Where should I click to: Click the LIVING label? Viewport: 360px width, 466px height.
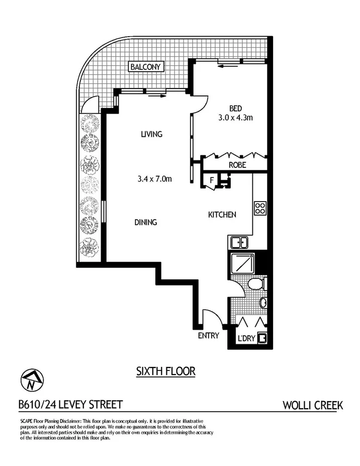pos(151,134)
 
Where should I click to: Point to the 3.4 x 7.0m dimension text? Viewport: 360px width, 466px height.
pos(155,177)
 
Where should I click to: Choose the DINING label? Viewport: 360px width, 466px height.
pos(145,222)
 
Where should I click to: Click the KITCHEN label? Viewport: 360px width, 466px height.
pos(222,215)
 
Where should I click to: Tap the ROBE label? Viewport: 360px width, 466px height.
pos(237,164)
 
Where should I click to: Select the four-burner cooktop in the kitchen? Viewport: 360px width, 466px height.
pos(260,208)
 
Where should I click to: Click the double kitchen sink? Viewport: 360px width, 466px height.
pos(239,243)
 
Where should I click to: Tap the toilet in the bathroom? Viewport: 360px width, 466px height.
pos(257,285)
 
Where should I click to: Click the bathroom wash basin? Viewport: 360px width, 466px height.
pos(263,303)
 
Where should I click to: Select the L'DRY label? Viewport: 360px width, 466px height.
pos(247,338)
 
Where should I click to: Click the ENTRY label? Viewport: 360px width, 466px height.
pos(208,336)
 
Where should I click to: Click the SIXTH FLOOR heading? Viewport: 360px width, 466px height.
pos(165,371)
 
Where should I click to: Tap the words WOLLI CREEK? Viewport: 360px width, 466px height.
pos(313,405)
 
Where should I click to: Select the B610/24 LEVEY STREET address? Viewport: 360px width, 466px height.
pos(70,405)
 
